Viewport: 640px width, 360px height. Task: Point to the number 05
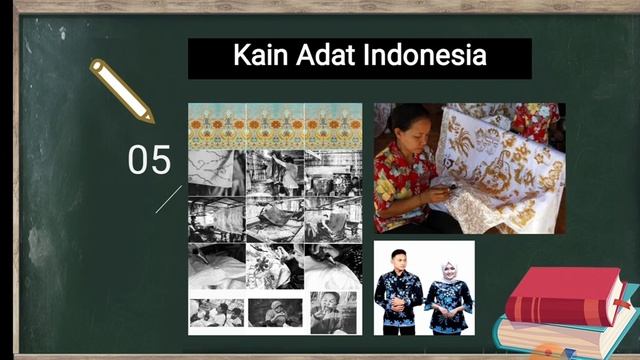149,161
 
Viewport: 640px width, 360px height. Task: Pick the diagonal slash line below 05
168,199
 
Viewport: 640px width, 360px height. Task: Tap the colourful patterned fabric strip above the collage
275,126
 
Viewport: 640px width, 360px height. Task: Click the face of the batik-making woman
411,125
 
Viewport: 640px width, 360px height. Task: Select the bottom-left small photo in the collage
216,313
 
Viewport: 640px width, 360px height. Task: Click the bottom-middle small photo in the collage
275,313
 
